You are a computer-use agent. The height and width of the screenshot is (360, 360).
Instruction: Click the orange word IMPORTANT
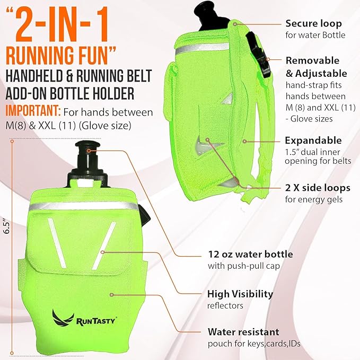(33, 111)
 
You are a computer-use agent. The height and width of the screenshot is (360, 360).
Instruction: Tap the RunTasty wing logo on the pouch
(63, 318)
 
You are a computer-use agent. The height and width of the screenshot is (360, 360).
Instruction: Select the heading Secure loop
(314, 24)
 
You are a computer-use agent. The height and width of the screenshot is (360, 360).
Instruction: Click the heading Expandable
(313, 141)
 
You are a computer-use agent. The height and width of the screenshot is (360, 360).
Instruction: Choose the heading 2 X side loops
(318, 188)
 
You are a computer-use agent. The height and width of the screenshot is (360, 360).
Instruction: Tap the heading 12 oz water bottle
(250, 254)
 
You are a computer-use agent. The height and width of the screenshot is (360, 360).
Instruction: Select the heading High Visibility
(240, 294)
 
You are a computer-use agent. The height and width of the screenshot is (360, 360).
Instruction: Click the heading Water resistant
(243, 332)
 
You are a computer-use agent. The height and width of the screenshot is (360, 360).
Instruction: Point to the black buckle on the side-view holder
(259, 55)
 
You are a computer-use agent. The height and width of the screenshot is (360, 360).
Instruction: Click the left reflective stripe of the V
(57, 243)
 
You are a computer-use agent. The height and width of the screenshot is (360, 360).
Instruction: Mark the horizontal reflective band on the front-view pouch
(84, 206)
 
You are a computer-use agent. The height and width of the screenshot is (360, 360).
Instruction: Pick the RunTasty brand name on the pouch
(95, 320)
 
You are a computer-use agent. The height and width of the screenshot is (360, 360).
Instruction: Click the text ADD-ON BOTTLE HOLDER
(70, 93)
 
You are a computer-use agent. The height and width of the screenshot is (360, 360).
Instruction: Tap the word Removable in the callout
(312, 60)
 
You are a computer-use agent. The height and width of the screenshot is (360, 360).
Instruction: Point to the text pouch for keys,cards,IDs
(254, 344)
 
